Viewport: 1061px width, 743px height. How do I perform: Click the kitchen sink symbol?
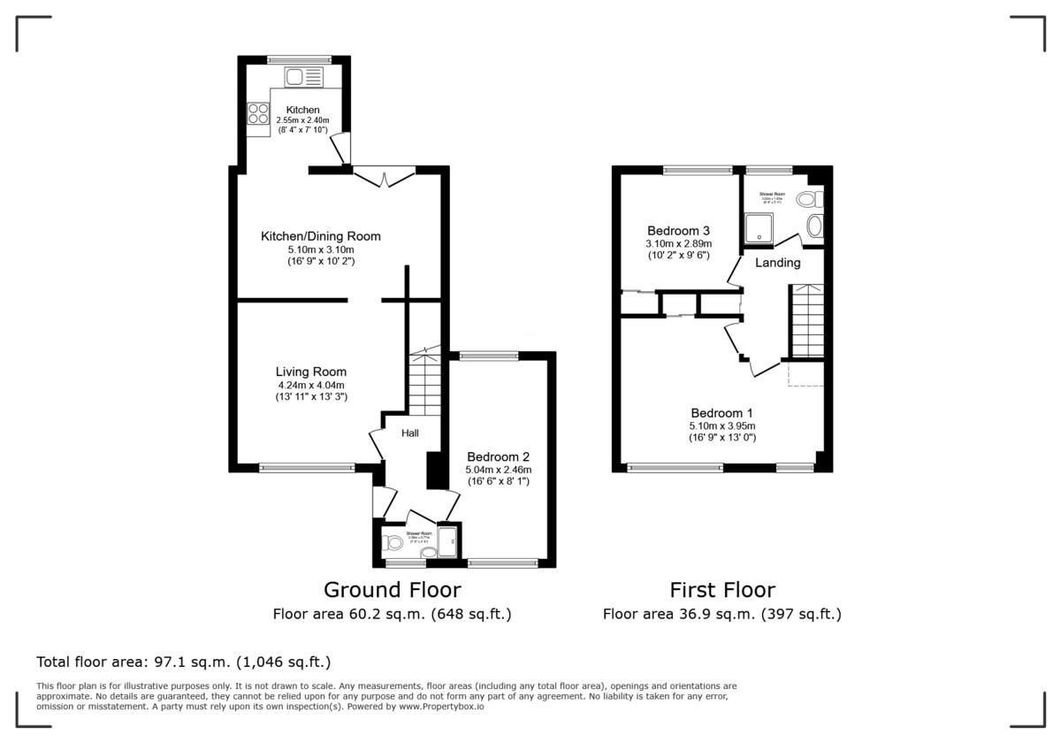[305, 78]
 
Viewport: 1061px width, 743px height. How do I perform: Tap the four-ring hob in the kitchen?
[258, 113]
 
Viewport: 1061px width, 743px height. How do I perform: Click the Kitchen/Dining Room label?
[320, 236]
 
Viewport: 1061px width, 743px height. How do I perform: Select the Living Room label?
[310, 371]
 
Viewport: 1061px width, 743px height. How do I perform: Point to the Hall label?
[410, 433]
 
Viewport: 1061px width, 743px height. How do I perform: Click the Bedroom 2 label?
[499, 456]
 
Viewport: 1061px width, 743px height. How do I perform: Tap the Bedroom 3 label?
[678, 230]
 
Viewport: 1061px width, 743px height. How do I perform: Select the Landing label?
[777, 263]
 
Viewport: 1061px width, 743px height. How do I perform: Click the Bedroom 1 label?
[722, 413]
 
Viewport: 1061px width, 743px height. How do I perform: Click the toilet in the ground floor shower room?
[390, 542]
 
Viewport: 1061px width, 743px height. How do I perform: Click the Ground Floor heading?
[392, 589]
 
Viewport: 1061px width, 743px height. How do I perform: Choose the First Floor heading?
[721, 589]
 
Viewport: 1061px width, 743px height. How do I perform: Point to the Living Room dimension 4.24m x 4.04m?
[310, 386]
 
